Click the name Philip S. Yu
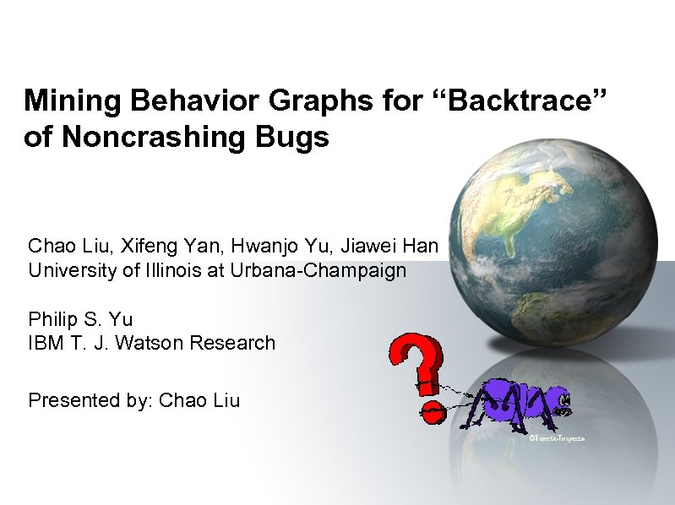pos(81,319)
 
